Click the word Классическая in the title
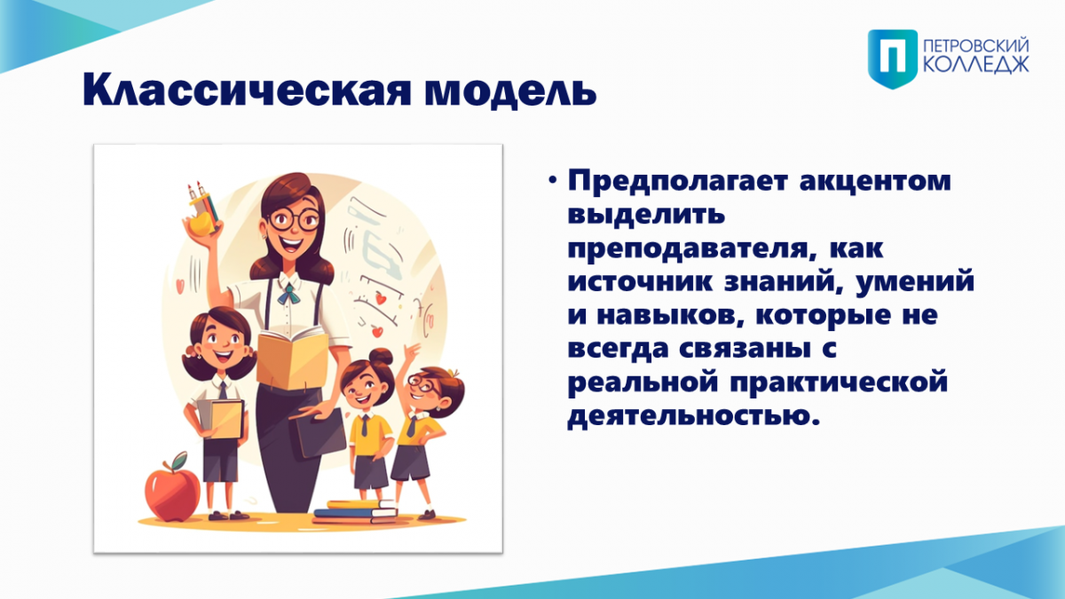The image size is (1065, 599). (x=247, y=90)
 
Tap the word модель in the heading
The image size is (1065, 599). (x=510, y=91)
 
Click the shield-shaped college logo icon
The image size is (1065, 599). (x=893, y=59)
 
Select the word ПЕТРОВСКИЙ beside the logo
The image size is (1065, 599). (x=976, y=47)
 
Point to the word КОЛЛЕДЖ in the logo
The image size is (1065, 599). (x=976, y=66)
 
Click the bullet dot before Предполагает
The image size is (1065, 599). (x=552, y=181)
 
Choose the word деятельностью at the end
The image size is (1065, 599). (x=694, y=416)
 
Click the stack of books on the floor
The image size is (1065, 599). (x=355, y=511)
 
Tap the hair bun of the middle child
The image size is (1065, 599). (x=382, y=357)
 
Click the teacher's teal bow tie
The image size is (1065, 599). (x=289, y=294)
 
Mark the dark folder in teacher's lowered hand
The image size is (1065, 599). (x=318, y=434)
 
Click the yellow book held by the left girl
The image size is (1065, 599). (x=227, y=419)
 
